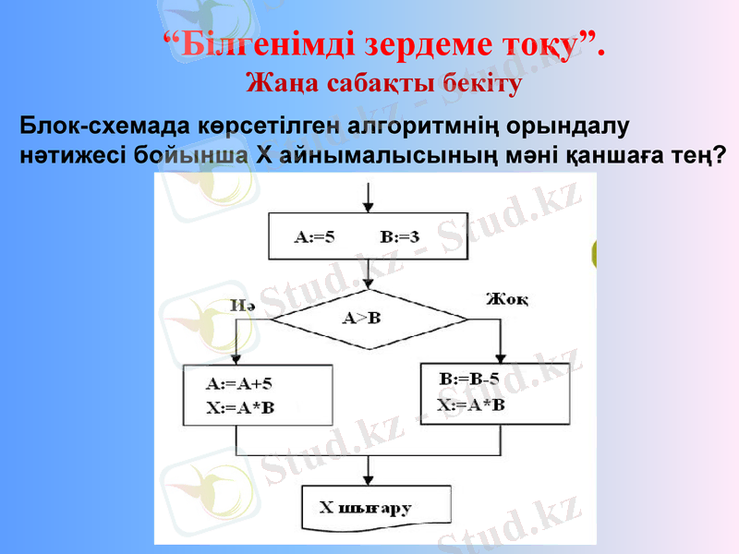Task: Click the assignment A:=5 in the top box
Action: (x=315, y=236)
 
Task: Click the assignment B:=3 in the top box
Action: (x=399, y=236)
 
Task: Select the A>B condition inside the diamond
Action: (x=362, y=319)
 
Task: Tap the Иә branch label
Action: (x=242, y=305)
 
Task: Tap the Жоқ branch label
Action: (x=507, y=298)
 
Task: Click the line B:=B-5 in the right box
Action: (x=470, y=379)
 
